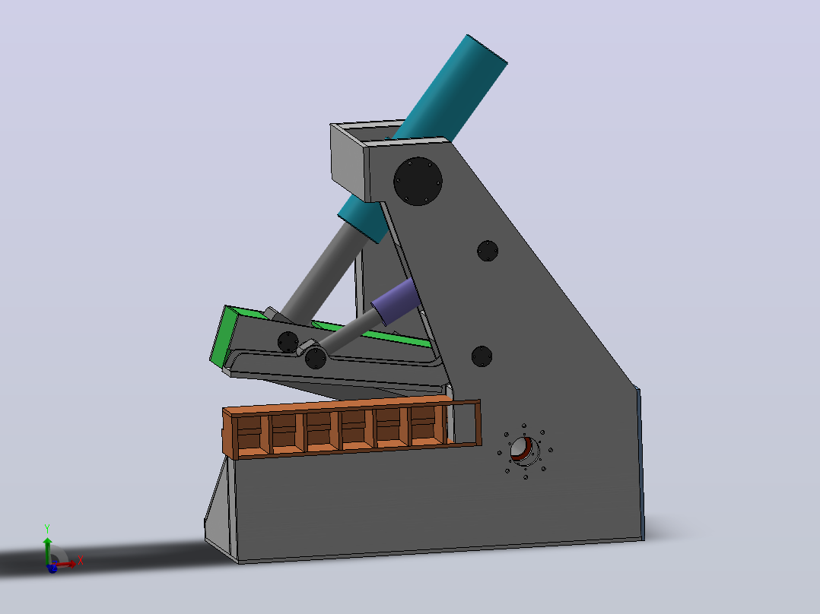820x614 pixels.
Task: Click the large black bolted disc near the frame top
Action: click(x=418, y=182)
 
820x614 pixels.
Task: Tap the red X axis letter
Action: click(x=81, y=561)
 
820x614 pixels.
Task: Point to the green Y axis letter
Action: click(x=47, y=529)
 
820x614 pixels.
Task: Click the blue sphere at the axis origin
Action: click(x=52, y=568)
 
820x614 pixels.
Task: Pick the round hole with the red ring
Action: click(x=523, y=451)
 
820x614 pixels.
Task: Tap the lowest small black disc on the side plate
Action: click(x=482, y=356)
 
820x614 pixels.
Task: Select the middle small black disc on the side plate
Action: click(x=488, y=251)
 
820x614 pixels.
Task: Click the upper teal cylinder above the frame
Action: click(x=450, y=88)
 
